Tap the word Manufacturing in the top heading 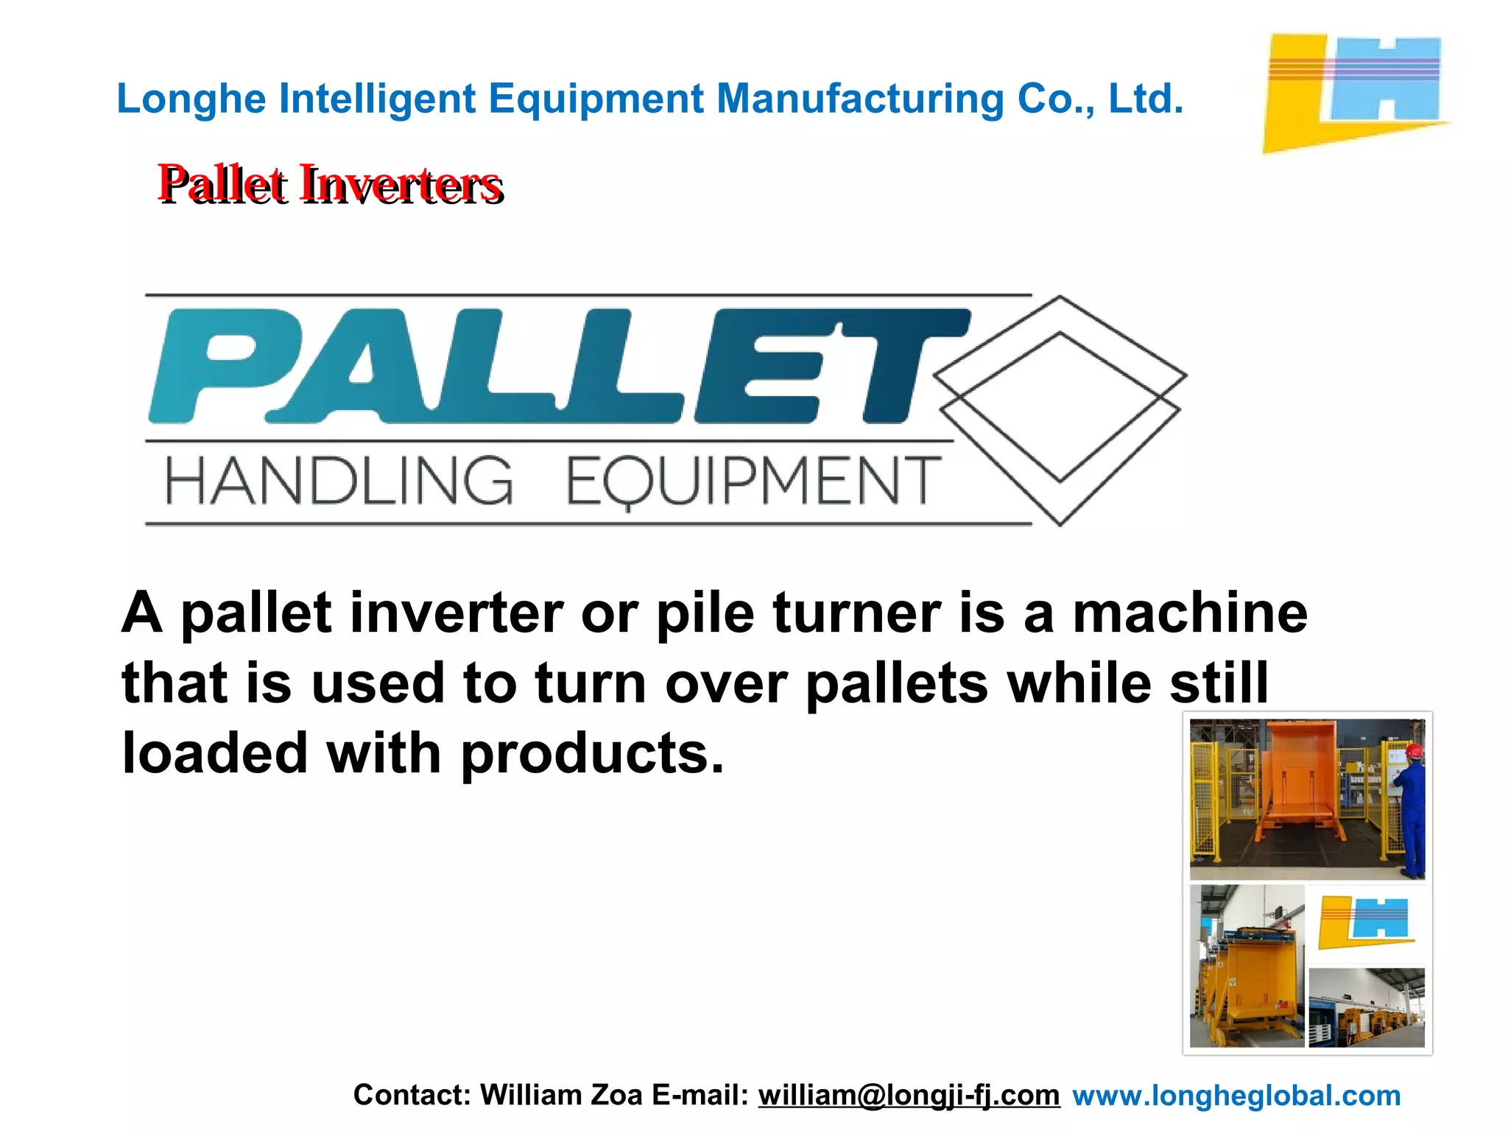point(860,99)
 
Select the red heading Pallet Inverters point(330,184)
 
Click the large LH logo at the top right point(1355,91)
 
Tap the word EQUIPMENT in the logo point(753,482)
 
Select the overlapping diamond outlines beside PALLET point(1060,409)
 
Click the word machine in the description point(1190,613)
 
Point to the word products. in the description point(592,754)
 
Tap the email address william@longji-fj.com point(909,1095)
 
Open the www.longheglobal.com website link point(1236,1095)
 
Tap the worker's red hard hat point(1414,751)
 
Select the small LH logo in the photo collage point(1365,922)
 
